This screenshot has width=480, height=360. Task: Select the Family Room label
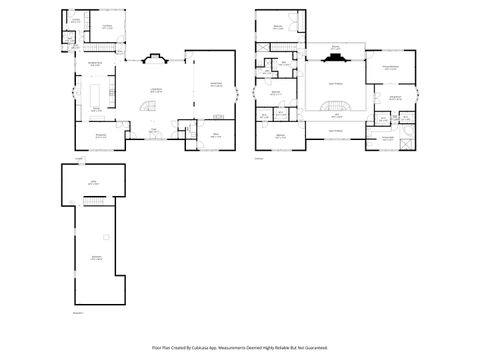click(215, 85)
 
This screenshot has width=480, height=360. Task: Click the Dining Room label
click(101, 136)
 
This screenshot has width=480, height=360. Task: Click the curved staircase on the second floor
click(336, 106)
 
